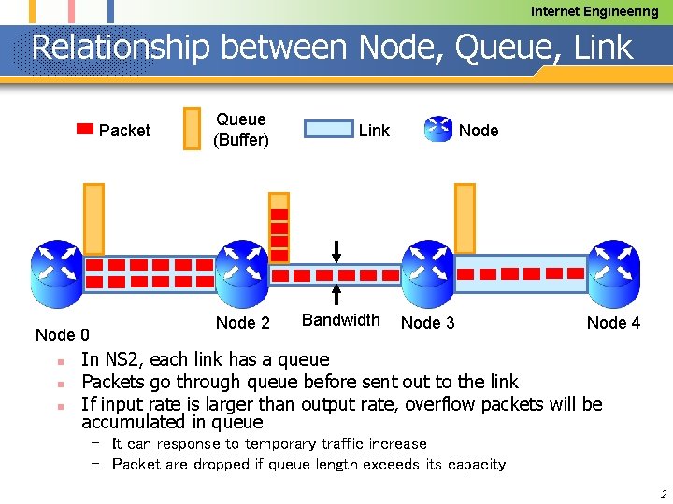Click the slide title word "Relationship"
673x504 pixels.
click(x=121, y=48)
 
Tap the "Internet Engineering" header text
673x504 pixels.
click(x=594, y=11)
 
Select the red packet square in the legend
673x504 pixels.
click(x=84, y=130)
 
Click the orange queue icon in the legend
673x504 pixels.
click(x=192, y=129)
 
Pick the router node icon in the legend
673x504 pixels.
click(x=437, y=130)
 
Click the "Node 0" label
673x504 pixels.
click(x=62, y=335)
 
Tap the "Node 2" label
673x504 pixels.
click(x=242, y=323)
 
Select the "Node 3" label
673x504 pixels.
click(x=427, y=323)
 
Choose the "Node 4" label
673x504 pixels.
click(x=613, y=323)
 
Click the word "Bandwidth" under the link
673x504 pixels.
click(x=341, y=320)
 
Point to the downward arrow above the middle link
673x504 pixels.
click(x=337, y=251)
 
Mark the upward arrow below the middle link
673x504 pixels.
click(x=337, y=295)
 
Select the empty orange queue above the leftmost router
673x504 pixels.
click(x=94, y=217)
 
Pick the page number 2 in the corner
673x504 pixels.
click(x=663, y=494)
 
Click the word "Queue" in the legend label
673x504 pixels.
click(x=240, y=119)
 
